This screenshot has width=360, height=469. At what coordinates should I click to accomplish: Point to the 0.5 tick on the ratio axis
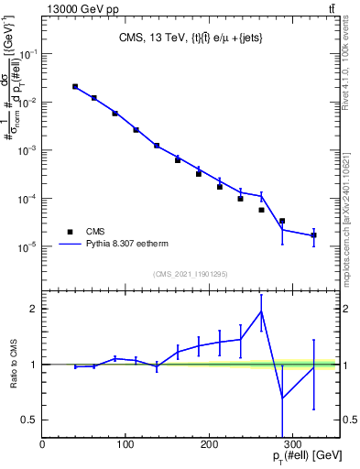[x=29, y=420]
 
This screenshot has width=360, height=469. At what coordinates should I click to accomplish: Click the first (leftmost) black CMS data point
[x=75, y=87]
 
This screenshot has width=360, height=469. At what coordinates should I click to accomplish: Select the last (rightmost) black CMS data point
[x=314, y=235]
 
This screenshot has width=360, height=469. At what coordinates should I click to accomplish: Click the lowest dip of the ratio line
[x=282, y=398]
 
